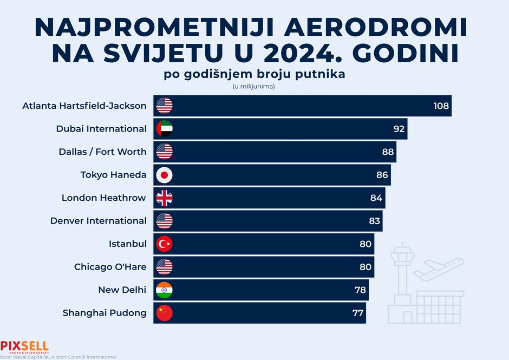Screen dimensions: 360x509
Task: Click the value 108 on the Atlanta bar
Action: pos(441,106)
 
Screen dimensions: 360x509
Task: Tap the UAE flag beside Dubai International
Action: pos(164,129)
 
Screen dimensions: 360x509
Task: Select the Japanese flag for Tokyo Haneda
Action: pos(164,175)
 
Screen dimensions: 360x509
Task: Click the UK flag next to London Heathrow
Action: pos(164,198)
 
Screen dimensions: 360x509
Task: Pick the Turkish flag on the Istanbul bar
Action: pos(164,244)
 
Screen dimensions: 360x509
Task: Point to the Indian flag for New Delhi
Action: pos(164,290)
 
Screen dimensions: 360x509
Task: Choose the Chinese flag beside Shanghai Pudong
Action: pos(164,313)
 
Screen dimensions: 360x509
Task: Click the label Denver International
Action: pos(98,221)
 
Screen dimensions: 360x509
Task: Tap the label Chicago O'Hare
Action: pos(110,267)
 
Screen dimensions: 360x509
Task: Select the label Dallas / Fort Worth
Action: pos(102,152)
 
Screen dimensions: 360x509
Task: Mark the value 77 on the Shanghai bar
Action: pos(358,313)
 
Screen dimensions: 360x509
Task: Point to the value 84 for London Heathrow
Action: pos(376,198)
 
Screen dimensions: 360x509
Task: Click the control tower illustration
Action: pos(401,271)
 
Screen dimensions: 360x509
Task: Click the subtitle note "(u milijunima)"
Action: pos(254,86)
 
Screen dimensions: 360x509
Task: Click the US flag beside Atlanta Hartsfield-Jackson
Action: pos(164,106)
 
